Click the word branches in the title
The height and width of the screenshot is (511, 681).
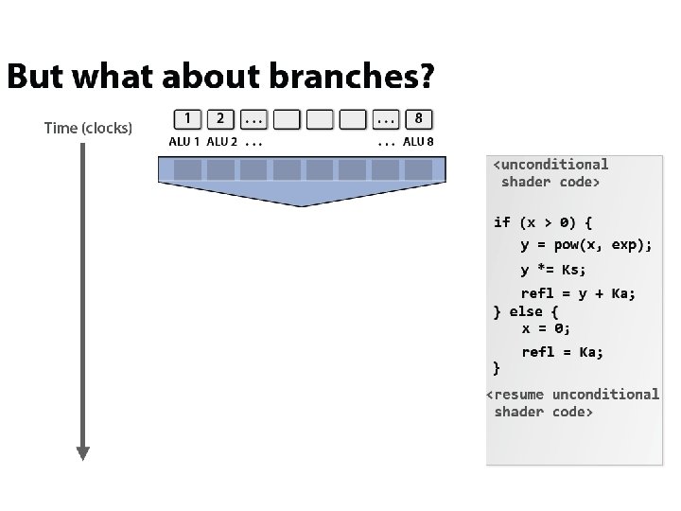[360, 77]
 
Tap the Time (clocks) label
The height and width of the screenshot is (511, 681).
[88, 128]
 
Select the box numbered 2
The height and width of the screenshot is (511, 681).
[220, 119]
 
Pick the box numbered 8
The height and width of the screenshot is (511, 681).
[418, 119]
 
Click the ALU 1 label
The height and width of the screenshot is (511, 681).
[184, 142]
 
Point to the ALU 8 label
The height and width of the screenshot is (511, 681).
[418, 142]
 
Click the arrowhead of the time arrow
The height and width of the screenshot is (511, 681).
[82, 452]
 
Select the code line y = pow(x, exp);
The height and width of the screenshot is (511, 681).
[586, 245]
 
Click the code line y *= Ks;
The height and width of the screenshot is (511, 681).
[553, 270]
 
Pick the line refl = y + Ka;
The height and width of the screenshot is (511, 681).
[579, 293]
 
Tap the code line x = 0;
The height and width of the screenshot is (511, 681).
[546, 328]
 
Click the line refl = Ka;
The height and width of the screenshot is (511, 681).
[562, 352]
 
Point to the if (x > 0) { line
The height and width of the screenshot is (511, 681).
[543, 222]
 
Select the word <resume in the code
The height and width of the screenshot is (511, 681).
[515, 394]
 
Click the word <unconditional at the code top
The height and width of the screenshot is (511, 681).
[551, 165]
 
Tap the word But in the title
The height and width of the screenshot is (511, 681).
[34, 77]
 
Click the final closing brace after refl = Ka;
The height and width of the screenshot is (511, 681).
[498, 367]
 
